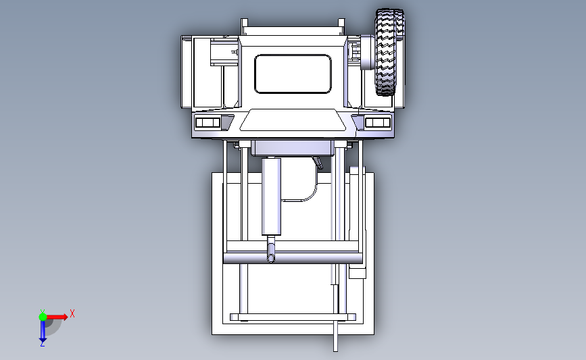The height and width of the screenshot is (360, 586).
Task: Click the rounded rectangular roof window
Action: [294, 74]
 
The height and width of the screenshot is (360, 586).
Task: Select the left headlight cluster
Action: [208, 122]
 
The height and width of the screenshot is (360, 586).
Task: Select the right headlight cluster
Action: [378, 122]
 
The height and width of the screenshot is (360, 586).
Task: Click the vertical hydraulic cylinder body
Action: [272, 196]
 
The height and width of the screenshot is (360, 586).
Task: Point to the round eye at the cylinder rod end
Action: [272, 258]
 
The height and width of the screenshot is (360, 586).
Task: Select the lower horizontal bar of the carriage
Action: [293, 317]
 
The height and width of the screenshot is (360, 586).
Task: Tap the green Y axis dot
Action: [43, 315]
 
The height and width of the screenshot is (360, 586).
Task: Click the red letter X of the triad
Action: [72, 313]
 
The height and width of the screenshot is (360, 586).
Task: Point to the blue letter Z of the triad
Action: [42, 344]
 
